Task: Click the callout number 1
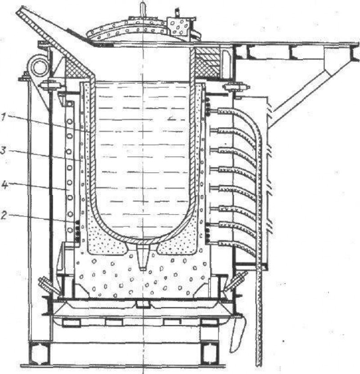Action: point(3,117)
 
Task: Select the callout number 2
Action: point(3,216)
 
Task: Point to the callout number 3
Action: point(3,151)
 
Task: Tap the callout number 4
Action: point(4,185)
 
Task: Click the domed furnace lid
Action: point(129,31)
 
